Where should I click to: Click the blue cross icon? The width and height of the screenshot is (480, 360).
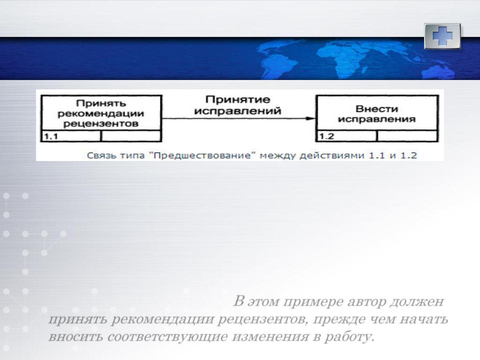[442, 36]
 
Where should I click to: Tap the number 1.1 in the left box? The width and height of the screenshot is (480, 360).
[51, 136]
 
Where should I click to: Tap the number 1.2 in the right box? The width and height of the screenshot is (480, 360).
[326, 136]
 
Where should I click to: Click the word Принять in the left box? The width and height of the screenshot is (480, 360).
[101, 103]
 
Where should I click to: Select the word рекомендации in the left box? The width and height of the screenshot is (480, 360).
[100, 114]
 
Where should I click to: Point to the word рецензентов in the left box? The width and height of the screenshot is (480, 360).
[100, 124]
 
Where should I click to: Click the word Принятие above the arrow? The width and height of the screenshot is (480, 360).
[238, 100]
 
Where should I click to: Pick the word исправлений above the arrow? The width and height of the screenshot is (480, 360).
[237, 111]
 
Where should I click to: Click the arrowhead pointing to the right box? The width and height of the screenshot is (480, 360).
[310, 118]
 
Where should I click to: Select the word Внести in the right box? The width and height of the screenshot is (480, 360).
[377, 108]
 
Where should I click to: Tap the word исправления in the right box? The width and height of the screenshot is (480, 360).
[377, 119]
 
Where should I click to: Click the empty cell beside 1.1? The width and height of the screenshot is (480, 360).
[130, 136]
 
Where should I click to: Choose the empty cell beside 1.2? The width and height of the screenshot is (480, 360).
[407, 136]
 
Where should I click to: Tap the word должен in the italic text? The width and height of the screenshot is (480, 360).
[417, 302]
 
